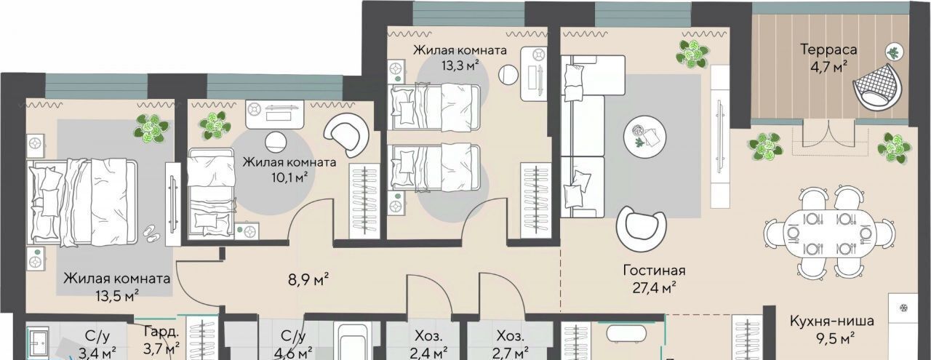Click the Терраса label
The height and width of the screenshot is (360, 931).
pyautogui.click(x=828, y=50)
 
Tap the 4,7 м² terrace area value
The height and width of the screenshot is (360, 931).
pyautogui.click(x=828, y=66)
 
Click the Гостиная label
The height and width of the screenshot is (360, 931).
pyautogui.click(x=654, y=271)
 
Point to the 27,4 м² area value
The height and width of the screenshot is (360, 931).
pyautogui.click(x=654, y=287)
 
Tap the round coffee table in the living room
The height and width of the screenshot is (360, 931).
pyautogui.click(x=644, y=136)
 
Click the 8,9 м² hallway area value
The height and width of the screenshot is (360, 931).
pyautogui.click(x=308, y=279)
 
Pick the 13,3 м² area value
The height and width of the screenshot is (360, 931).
pyautogui.click(x=460, y=65)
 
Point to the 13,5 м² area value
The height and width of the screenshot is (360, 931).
pyautogui.click(x=117, y=295)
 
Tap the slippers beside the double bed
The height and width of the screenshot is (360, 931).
pyautogui.click(x=152, y=234)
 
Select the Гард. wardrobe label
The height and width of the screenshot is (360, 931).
pyautogui.click(x=161, y=332)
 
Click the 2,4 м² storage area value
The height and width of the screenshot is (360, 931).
pyautogui.click(x=428, y=353)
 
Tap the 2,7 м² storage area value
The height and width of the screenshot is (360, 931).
pyautogui.click(x=510, y=353)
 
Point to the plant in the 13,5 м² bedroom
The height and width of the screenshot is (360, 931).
pyautogui.click(x=151, y=129)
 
